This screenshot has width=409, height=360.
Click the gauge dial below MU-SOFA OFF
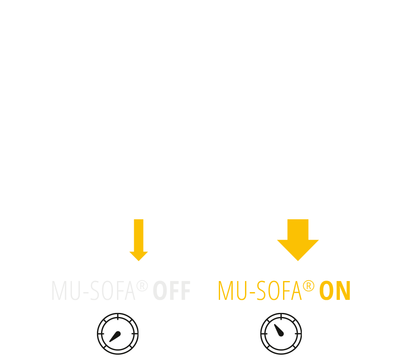point(118,333)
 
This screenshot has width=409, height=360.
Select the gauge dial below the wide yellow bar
point(281,333)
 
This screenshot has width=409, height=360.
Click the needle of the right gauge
point(279,331)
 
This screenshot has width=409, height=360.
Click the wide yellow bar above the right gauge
point(279,290)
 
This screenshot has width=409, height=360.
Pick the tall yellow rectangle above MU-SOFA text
point(137,240)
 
